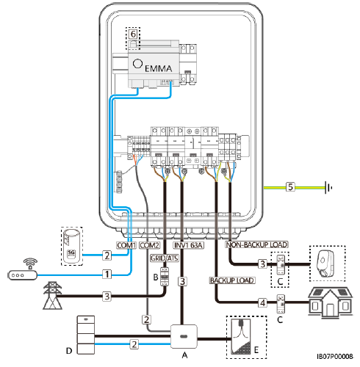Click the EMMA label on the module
(158, 68)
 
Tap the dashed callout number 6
(133, 34)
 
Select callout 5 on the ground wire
(290, 187)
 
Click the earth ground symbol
(328, 188)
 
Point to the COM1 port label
(126, 245)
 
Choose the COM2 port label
(149, 245)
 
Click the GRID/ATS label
(165, 258)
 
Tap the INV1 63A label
(188, 245)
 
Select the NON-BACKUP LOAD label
(256, 244)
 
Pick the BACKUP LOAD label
(232, 280)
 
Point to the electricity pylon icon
(52, 295)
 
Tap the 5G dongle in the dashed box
(71, 246)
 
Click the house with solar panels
(330, 302)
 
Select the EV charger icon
(326, 264)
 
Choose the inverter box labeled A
(184, 336)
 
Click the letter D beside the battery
(69, 351)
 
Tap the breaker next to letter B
(165, 277)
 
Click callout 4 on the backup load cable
(262, 302)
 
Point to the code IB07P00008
(335, 357)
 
